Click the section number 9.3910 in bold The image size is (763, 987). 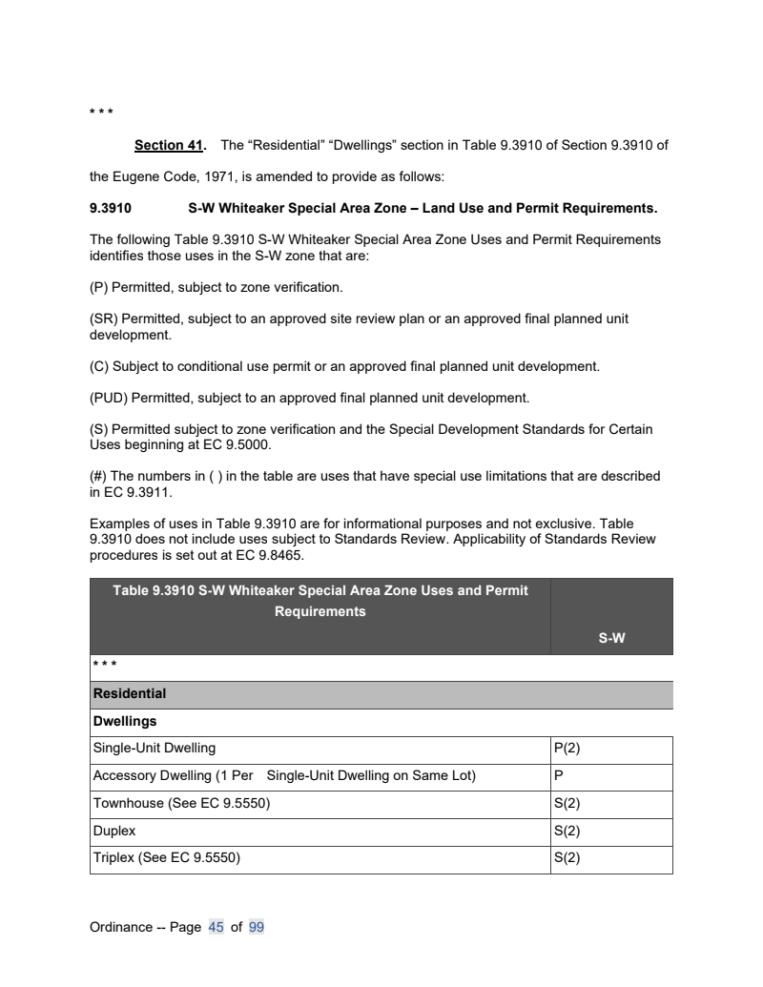click(x=110, y=207)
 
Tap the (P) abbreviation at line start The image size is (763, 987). click(x=99, y=286)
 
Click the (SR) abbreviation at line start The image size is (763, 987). click(x=103, y=319)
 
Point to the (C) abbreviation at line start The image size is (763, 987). click(x=99, y=365)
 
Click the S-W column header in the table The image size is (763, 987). click(x=611, y=639)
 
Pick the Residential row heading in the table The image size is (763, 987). click(x=129, y=694)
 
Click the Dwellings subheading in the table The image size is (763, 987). click(x=125, y=722)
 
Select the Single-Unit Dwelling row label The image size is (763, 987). click(x=154, y=749)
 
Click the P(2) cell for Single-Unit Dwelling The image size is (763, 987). click(x=567, y=749)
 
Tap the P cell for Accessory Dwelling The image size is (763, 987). click(x=558, y=776)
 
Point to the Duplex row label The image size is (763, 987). click(x=113, y=831)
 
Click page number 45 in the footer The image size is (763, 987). click(x=216, y=926)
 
